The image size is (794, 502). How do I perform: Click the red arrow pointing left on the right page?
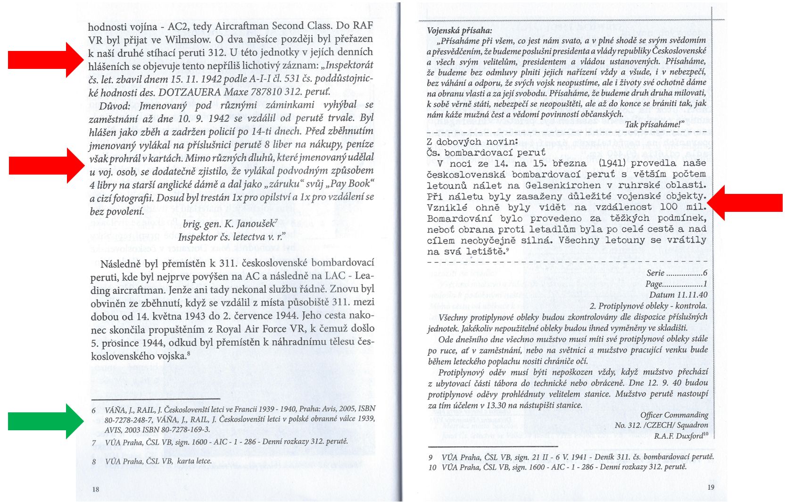(x=745, y=202)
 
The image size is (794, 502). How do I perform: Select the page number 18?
(x=96, y=489)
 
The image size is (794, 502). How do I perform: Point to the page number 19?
(x=711, y=487)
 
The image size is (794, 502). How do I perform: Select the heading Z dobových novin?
(x=472, y=142)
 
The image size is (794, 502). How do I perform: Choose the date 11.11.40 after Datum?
(x=692, y=295)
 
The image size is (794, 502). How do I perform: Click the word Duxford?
(x=689, y=436)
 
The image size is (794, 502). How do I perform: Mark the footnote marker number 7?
(x=94, y=443)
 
